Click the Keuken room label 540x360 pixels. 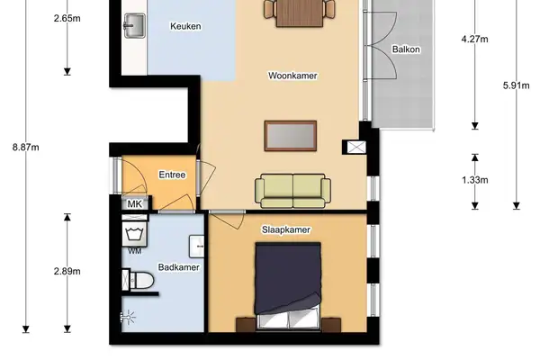185,26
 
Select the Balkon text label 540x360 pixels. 407,49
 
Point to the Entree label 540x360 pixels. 172,175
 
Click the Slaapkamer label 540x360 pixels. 286,230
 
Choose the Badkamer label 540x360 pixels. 177,267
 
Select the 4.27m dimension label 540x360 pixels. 474,39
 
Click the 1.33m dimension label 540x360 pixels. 474,180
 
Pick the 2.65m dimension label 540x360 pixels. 67,17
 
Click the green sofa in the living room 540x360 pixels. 292,188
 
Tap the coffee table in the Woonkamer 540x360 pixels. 290,135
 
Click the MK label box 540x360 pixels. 135,204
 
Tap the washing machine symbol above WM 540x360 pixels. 134,234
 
